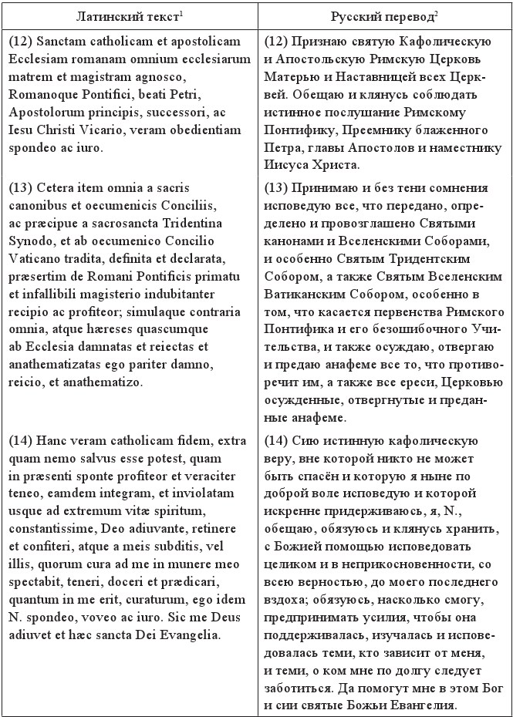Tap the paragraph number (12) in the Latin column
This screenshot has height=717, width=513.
click(x=22, y=41)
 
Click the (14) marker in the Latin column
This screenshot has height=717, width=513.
click(x=22, y=440)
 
